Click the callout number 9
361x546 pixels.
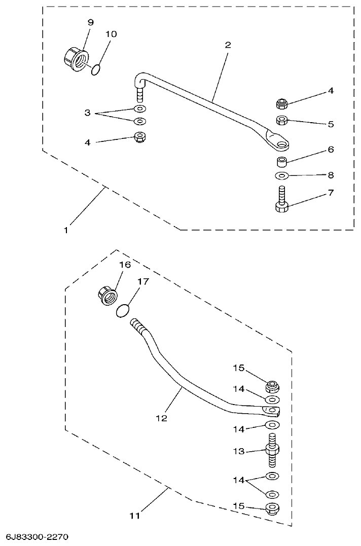point(90,22)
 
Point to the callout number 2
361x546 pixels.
point(228,45)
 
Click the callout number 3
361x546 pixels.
point(87,113)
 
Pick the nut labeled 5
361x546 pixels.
point(282,120)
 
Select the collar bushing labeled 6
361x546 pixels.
point(282,162)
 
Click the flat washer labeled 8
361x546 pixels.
point(282,175)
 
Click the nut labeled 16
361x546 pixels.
point(107,295)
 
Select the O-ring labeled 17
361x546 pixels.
point(123,310)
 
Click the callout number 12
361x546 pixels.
point(161,419)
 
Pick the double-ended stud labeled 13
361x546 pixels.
point(272,451)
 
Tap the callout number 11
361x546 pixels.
point(134,516)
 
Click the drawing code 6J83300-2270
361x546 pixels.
point(37,536)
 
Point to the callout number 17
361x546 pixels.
point(143,281)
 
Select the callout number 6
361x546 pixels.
point(330,150)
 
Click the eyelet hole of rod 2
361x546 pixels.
point(280,145)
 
